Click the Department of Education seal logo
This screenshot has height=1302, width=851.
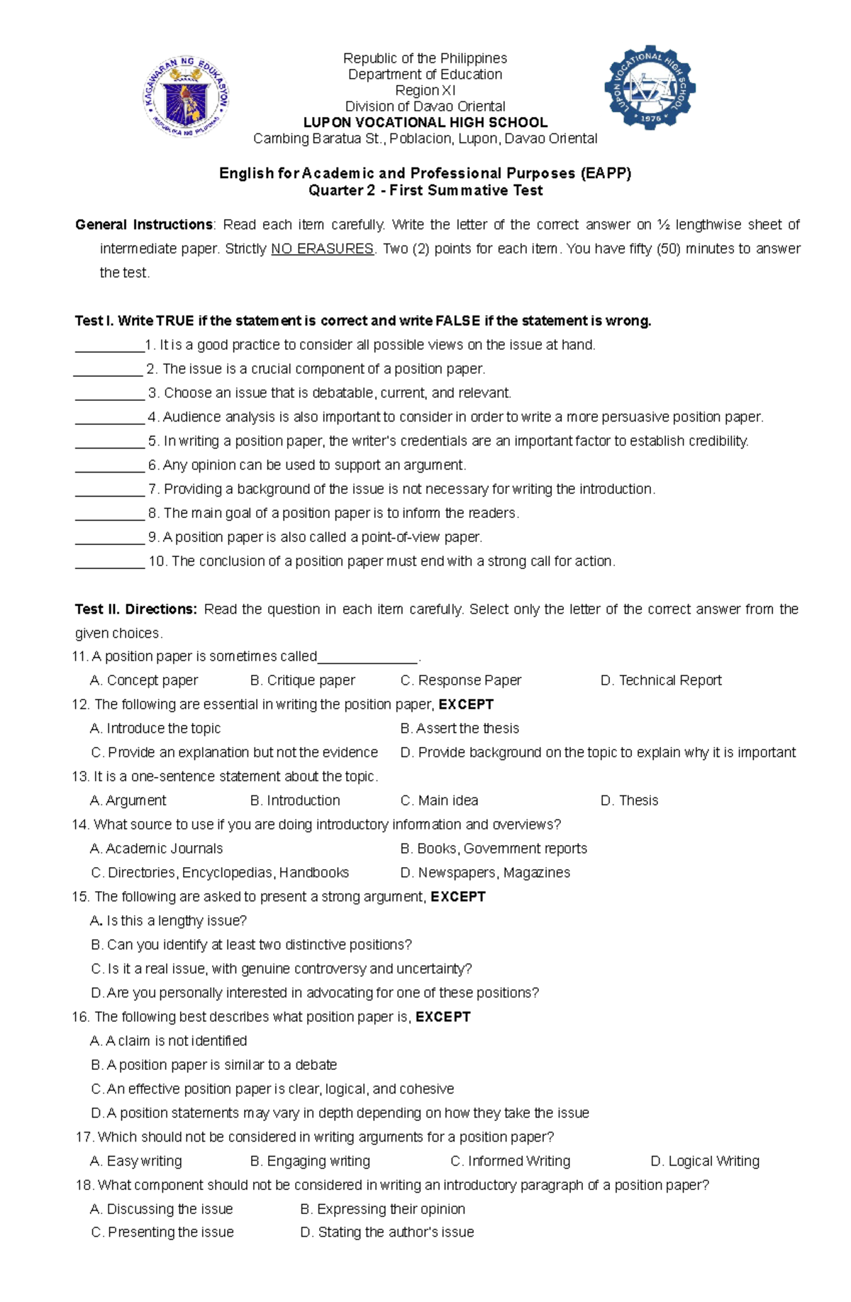point(186,97)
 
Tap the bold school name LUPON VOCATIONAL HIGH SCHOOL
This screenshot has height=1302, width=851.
point(425,122)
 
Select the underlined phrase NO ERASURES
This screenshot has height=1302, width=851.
point(322,248)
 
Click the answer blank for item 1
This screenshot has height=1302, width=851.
point(109,346)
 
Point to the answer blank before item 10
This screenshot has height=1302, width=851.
point(109,563)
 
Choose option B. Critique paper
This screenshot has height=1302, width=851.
point(303,680)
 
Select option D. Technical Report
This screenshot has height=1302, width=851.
point(660,680)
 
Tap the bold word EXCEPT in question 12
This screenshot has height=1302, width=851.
point(466,705)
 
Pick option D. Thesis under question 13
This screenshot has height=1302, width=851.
point(629,800)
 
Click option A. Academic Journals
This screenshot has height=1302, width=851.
point(157,849)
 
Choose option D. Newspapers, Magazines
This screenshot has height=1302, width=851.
point(485,873)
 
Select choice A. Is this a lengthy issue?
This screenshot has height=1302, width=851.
point(169,921)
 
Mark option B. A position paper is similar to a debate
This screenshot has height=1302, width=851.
point(214,1065)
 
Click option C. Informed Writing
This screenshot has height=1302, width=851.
point(511,1162)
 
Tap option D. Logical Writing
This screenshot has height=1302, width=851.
point(705,1162)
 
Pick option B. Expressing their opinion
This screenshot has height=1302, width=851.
point(383,1209)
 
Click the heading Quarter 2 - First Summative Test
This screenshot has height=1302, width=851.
point(425,190)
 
